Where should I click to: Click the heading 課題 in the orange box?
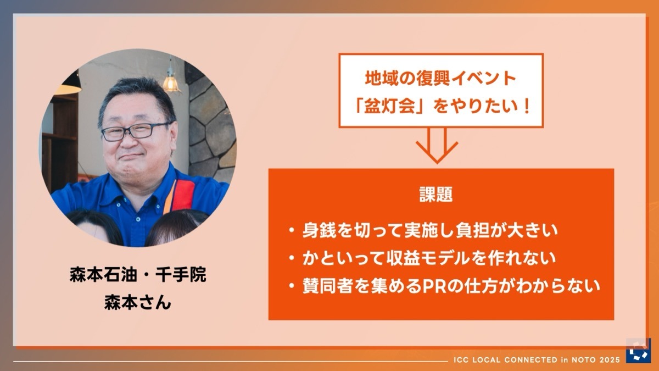pos(435,195)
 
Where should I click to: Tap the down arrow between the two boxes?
pos(437,146)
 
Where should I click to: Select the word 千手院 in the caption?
pos(181,275)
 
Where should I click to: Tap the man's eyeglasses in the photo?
pos(135,131)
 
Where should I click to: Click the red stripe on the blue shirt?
pos(182,195)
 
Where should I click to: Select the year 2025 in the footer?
pos(610,360)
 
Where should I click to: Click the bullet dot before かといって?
pos(292,258)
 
